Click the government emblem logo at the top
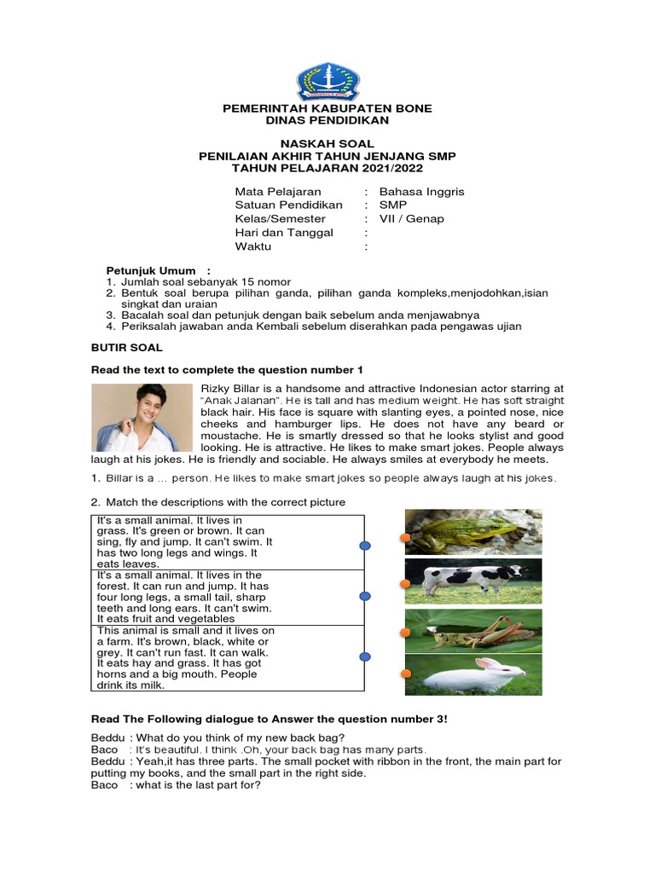coord(327,81)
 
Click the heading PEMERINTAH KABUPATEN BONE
coord(327,109)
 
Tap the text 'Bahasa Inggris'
coord(421,192)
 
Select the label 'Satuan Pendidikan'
coord(288,205)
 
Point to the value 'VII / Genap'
coord(411,219)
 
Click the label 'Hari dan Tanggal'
coord(284,233)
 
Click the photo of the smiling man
coord(142,417)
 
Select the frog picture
coord(473,532)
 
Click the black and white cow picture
coord(473,581)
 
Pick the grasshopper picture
coord(473,632)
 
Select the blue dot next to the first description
coord(365,546)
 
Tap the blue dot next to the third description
coord(365,656)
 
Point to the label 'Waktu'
coord(252,246)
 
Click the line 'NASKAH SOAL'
coord(327,144)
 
